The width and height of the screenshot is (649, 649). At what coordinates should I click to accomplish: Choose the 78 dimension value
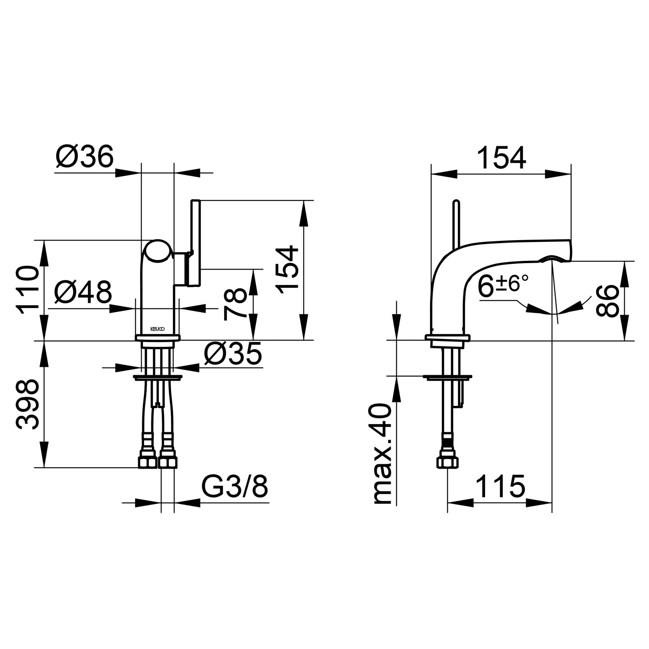pos(235,305)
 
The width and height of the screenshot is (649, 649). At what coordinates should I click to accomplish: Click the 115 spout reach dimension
pos(501,486)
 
